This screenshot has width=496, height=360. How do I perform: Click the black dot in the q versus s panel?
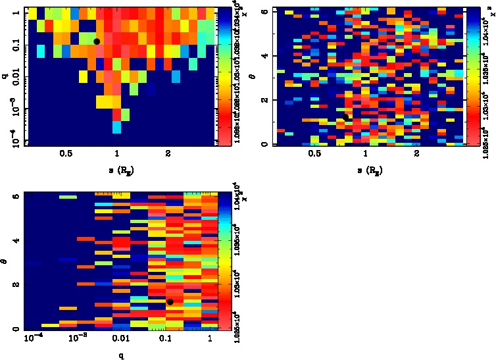97,41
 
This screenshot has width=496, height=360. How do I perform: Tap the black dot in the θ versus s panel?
345,117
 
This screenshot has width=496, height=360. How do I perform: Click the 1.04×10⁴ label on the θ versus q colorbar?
234,204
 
